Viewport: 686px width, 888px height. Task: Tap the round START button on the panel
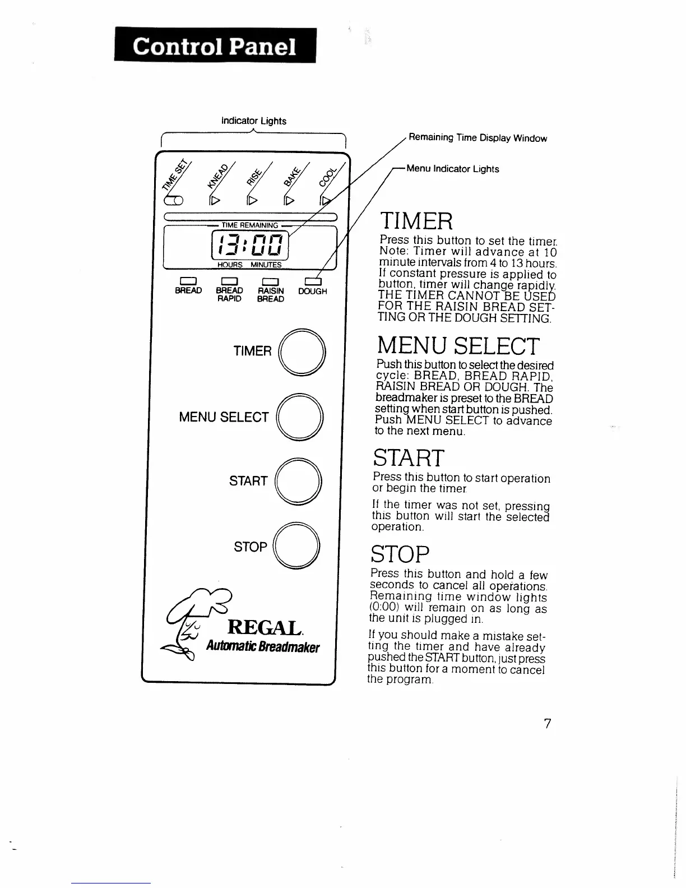tap(300, 482)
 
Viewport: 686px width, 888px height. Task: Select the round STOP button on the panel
tap(298, 547)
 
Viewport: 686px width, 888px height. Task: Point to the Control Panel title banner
tap(215, 46)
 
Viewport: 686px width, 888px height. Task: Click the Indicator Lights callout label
tap(254, 121)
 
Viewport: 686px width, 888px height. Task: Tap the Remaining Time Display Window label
tap(478, 138)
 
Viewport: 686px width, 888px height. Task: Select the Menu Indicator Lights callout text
tap(452, 169)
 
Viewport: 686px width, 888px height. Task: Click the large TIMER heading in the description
tap(416, 221)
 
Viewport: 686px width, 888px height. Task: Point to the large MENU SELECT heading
tap(458, 346)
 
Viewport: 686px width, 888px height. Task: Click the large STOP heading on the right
tap(400, 555)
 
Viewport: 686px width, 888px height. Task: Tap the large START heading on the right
tap(408, 458)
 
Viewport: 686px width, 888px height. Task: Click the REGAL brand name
tap(266, 627)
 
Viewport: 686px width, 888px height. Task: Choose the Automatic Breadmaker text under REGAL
tap(262, 647)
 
